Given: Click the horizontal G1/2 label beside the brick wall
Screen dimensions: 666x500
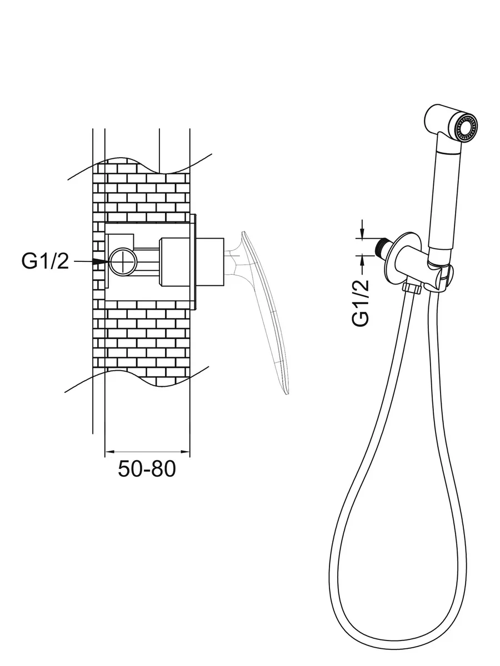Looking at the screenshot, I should (46, 261).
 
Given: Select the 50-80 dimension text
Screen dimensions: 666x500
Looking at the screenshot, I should (147, 469).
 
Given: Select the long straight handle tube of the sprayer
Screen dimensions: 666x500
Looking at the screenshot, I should (445, 200).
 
